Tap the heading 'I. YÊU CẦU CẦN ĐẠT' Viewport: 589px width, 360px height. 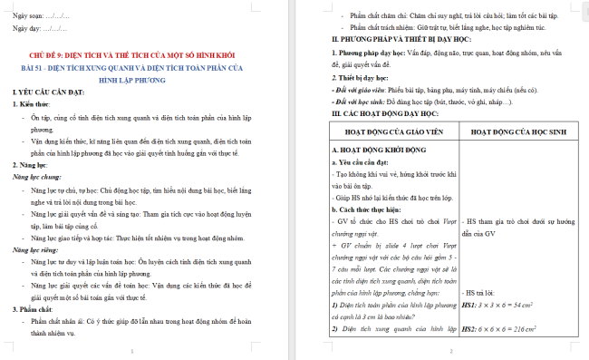click(x=46, y=94)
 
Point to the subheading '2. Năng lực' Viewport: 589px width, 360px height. click(x=32, y=165)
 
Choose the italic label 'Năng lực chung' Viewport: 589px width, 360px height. click(x=37, y=178)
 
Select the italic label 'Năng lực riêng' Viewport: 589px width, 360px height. click(x=36, y=248)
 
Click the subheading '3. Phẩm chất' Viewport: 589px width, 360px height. click(x=34, y=307)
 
